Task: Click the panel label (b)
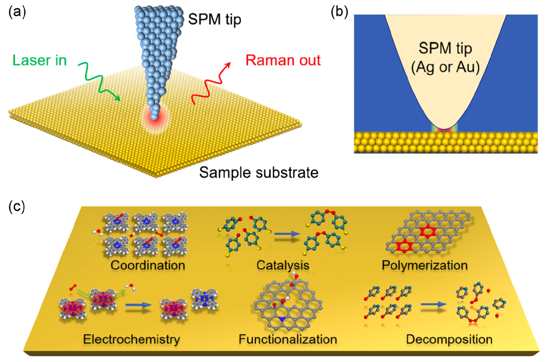(342, 11)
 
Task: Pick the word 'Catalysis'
(283, 266)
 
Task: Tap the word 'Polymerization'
(424, 266)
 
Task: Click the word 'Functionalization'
(288, 340)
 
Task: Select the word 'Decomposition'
(449, 340)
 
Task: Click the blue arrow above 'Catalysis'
(288, 236)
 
